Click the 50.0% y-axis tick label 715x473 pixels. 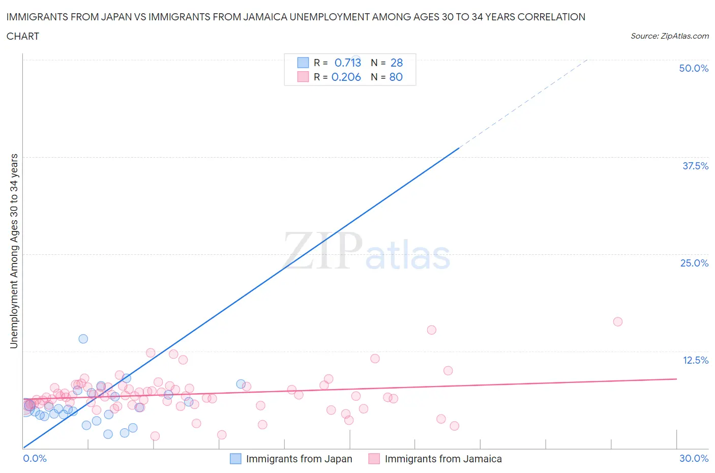694,68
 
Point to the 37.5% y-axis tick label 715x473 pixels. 695,166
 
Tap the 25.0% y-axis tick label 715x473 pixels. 694,263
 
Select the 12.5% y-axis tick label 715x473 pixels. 695,360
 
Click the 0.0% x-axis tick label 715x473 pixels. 35,458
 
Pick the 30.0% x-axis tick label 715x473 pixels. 694,458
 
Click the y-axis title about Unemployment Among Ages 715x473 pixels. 14,251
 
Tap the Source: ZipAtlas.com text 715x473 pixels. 669,36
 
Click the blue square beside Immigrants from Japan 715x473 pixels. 235,459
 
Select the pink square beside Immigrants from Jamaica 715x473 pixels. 374,459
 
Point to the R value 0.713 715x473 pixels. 348,63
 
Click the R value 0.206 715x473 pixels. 346,77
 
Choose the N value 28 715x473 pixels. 397,63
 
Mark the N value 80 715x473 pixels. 396,77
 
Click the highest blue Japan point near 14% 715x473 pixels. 83,339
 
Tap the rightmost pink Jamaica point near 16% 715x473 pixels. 618,321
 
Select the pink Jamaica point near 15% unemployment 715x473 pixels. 432,330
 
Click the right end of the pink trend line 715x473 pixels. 676,379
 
